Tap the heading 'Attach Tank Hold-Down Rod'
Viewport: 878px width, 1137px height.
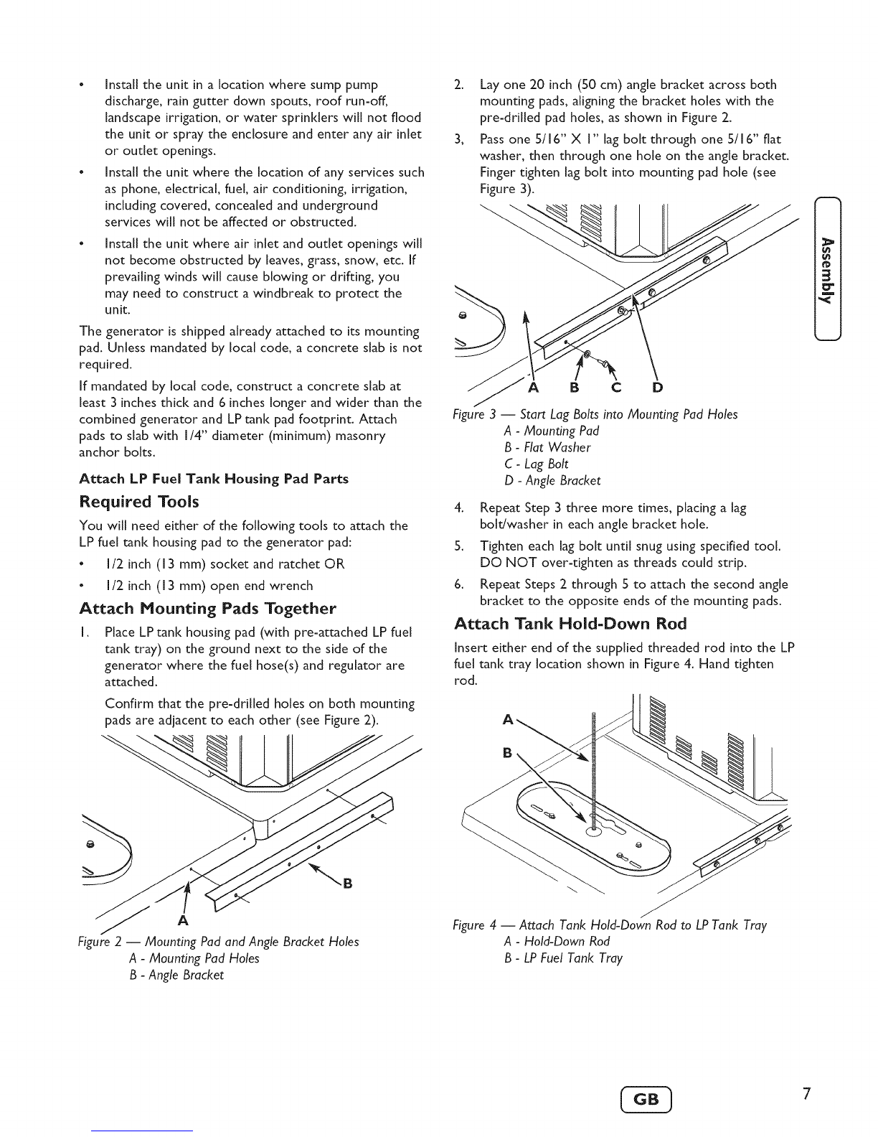point(571,622)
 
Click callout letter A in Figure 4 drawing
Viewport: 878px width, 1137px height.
point(509,720)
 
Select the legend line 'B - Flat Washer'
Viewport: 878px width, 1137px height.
point(548,447)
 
